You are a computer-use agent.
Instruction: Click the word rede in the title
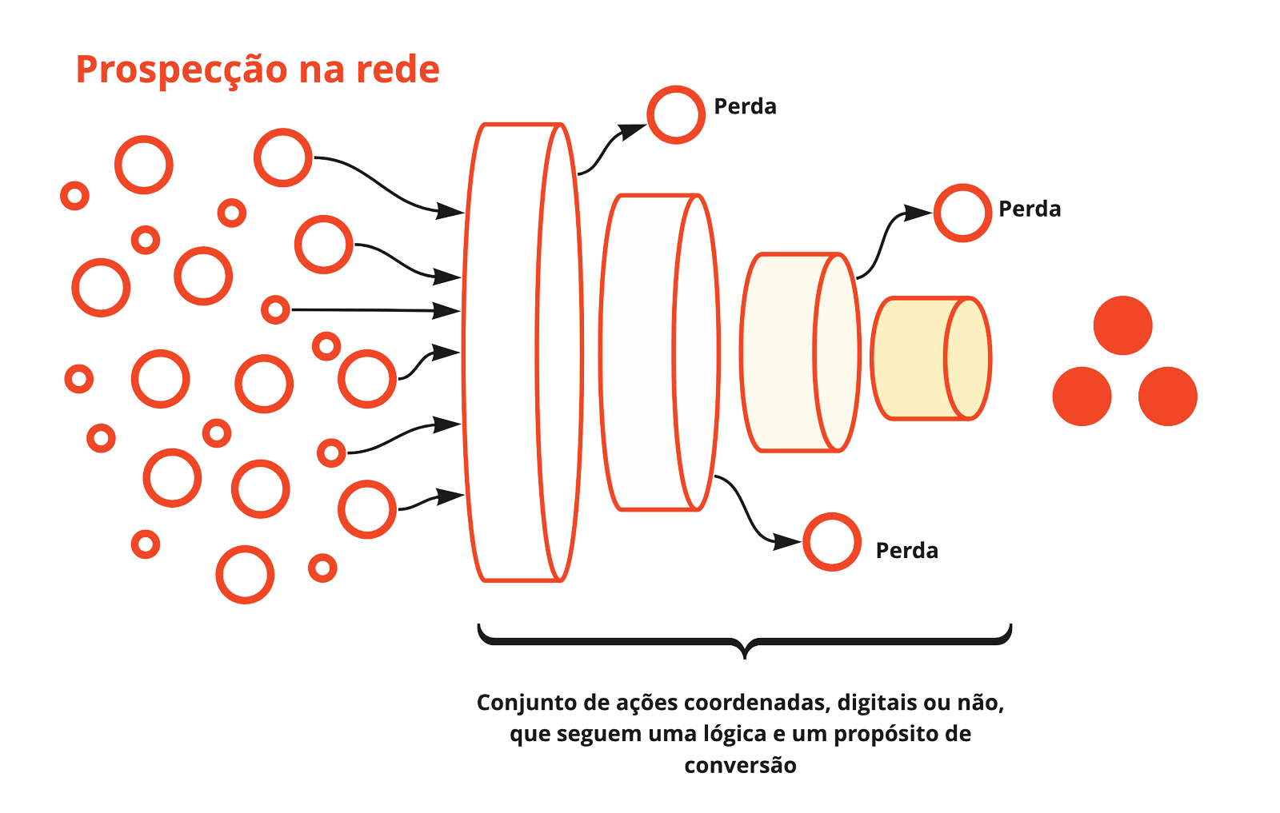pos(398,70)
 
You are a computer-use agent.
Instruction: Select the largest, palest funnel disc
pos(512,352)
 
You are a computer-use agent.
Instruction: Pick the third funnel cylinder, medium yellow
pos(780,352)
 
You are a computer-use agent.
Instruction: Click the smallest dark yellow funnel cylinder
pos(912,358)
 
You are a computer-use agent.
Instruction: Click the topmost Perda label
pos(745,106)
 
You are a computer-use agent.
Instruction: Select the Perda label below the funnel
pos(906,551)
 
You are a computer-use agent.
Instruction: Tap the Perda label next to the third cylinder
pos(1030,209)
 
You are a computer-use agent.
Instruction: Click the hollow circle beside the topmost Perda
pos(676,114)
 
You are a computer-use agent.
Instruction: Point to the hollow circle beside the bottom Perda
pos(832,542)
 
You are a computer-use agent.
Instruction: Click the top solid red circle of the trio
pos(1122,325)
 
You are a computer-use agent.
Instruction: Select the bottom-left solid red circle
pos(1082,396)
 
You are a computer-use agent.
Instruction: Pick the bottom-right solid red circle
pos(1167,396)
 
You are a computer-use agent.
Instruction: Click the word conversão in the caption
pos(740,765)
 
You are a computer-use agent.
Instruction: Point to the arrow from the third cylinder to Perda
pos(883,240)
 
